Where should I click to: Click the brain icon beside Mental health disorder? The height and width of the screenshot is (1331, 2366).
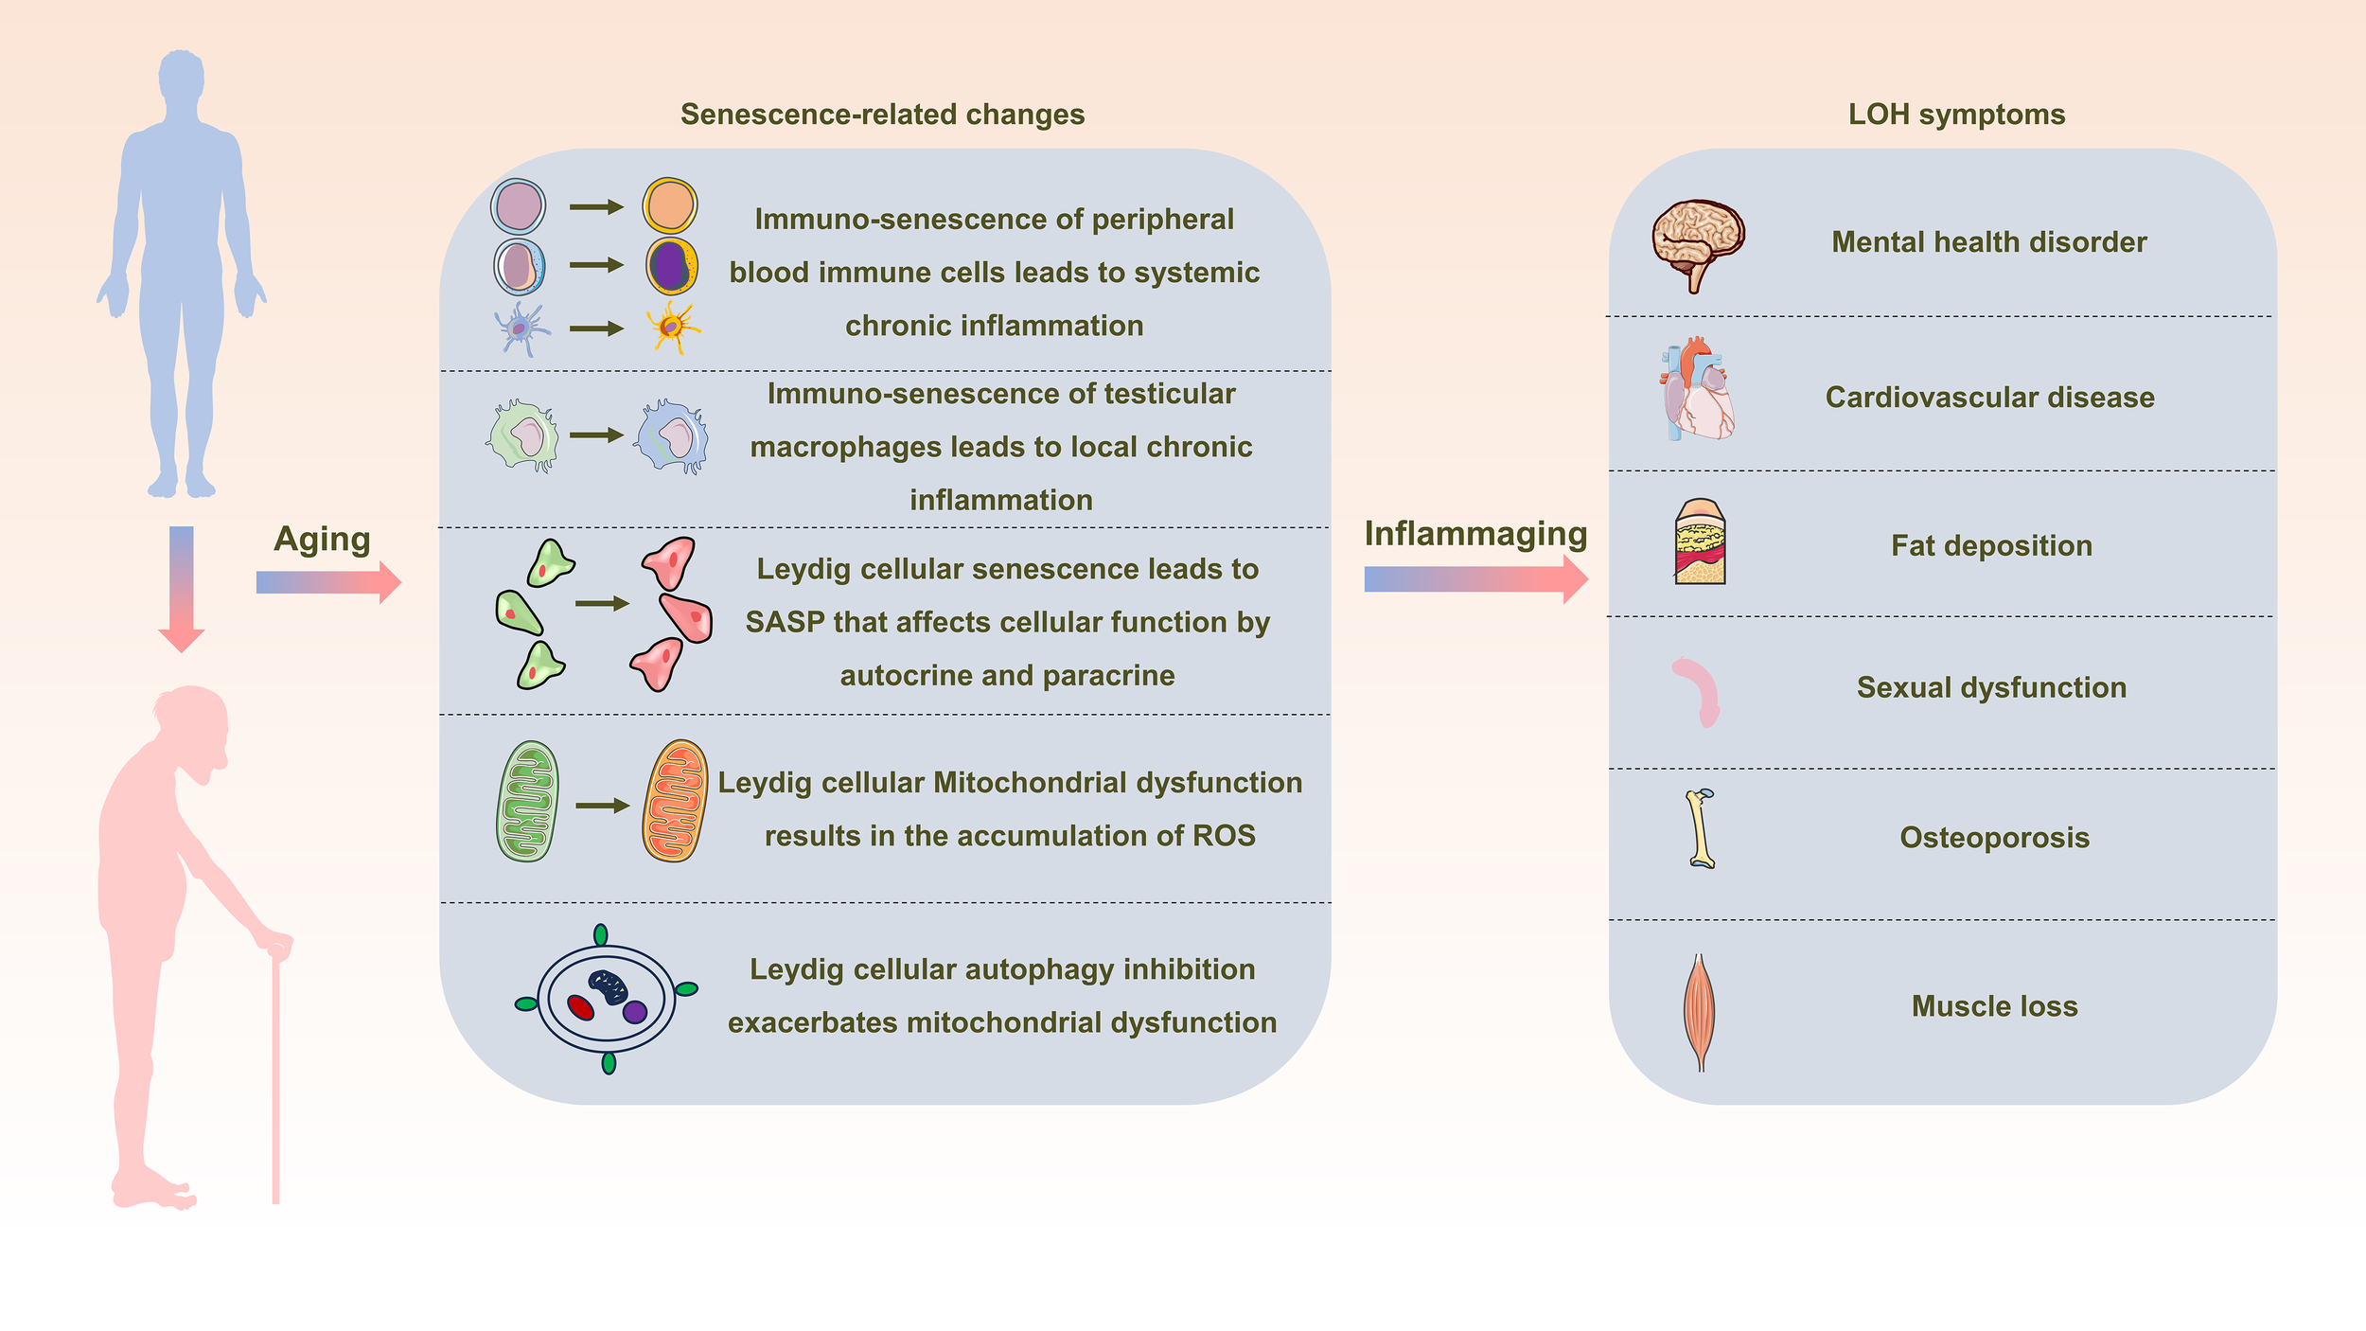pos(1698,242)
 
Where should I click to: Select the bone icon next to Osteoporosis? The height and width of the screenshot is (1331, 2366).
pos(1701,829)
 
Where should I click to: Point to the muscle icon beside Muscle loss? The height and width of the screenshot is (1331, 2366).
pos(1700,1011)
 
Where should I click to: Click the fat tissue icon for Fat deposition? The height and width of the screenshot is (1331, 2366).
pos(1700,543)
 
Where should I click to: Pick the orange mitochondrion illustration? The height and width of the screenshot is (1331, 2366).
pos(675,801)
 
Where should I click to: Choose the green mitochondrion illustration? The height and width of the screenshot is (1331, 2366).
pos(527,801)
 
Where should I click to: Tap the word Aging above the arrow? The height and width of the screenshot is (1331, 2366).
pos(322,540)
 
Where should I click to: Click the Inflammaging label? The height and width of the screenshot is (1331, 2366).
pos(1474,534)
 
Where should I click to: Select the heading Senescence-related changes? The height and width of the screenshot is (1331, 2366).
pos(882,115)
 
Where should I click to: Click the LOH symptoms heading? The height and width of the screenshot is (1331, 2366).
pos(1956,115)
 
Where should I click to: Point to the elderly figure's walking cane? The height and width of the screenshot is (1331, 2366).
pos(275,1079)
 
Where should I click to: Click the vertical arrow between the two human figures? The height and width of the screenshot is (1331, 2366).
pos(182,587)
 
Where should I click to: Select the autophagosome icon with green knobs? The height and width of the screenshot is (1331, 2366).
pos(607,999)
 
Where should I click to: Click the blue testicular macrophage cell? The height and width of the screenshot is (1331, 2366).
pos(673,437)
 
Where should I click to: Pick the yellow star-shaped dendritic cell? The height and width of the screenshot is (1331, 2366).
pos(673,328)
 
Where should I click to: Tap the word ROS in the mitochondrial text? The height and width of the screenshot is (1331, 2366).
pos(1224,836)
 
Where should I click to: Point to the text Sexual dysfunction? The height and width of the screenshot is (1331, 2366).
pos(1991,687)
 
